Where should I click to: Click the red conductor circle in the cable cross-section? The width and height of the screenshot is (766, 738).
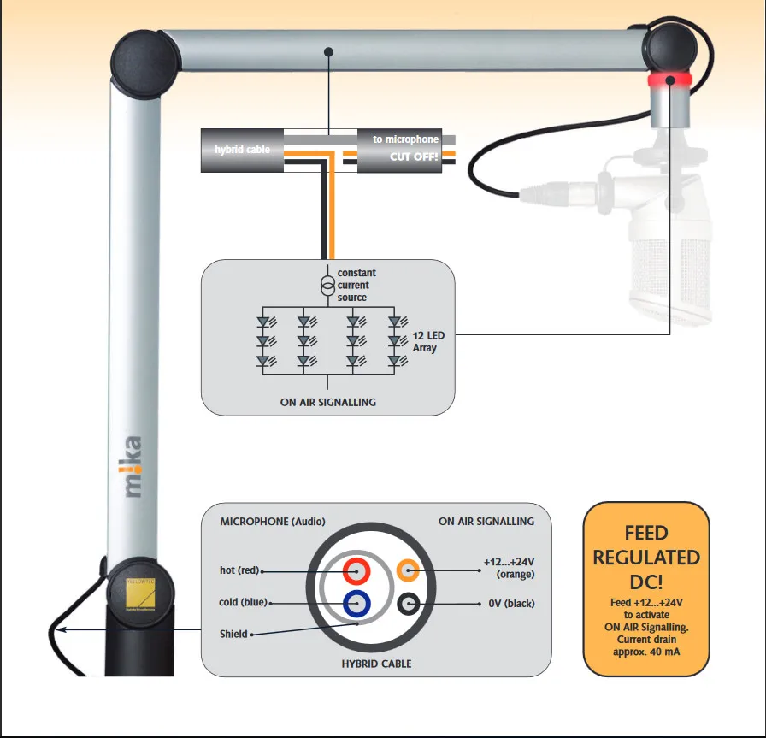click(356, 570)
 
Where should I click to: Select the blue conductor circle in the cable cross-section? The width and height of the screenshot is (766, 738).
click(356, 604)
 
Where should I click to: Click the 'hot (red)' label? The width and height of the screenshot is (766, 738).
click(239, 570)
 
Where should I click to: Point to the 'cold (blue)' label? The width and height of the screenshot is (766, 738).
click(240, 603)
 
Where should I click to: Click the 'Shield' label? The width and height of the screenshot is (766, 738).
click(233, 634)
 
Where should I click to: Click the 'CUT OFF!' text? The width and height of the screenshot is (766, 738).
click(414, 156)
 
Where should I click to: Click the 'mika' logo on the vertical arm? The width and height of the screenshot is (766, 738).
click(131, 467)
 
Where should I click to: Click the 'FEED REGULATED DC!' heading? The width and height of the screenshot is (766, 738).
click(646, 557)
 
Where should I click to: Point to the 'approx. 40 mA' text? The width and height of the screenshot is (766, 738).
click(646, 653)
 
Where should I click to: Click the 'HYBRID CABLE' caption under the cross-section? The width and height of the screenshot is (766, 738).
click(377, 664)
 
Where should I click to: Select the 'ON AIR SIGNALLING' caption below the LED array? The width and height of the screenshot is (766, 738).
click(327, 402)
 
